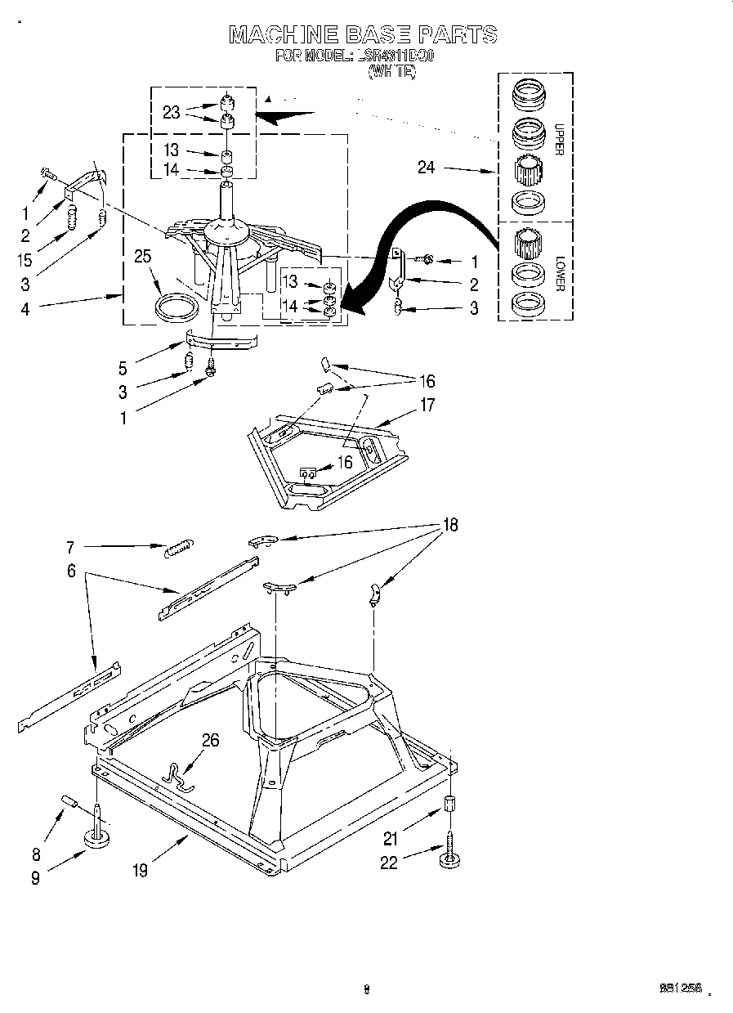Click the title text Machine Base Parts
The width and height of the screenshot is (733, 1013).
click(x=362, y=34)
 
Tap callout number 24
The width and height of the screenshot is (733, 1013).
click(x=426, y=168)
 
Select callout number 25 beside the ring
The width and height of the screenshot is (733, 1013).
click(x=143, y=257)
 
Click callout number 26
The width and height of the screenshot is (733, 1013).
click(x=211, y=740)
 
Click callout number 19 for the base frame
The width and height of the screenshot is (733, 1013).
click(x=140, y=871)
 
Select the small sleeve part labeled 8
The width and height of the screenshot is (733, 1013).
click(x=69, y=803)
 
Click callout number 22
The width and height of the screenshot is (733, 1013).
click(x=388, y=862)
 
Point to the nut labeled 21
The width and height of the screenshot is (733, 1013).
click(x=449, y=803)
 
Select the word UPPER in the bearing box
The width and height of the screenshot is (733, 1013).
click(x=559, y=139)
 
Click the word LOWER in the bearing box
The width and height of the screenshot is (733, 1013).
click(x=560, y=274)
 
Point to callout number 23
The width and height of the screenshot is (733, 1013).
click(x=171, y=113)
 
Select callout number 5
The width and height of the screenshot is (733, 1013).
click(x=123, y=369)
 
